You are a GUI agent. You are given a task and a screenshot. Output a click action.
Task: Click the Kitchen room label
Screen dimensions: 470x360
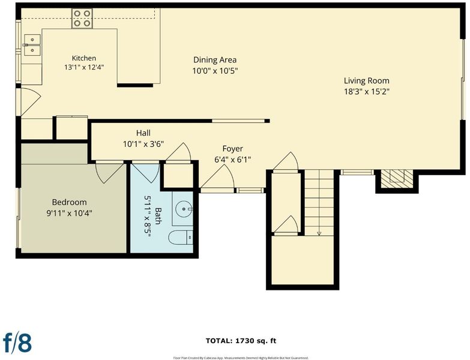84,58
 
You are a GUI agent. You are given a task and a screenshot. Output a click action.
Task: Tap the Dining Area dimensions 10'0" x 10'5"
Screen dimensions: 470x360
215,71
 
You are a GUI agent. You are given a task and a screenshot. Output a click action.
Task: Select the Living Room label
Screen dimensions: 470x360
367,80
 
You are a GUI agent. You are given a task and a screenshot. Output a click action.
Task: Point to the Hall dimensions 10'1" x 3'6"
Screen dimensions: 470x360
143,144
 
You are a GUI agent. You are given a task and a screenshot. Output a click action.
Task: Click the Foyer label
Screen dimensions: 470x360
233,149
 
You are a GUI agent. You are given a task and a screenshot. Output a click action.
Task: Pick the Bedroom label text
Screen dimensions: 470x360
69,202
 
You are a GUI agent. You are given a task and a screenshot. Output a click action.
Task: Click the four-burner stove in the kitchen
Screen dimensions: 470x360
82,18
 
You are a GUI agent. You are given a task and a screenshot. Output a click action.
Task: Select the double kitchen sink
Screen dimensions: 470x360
32,45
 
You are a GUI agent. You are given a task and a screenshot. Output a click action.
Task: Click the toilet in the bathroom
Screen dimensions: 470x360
181,238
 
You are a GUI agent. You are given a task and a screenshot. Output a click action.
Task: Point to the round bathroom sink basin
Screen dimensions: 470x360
184,209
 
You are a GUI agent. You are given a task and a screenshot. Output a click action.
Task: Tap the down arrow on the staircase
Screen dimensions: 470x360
319,232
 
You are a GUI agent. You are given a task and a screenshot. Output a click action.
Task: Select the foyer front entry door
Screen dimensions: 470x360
218,178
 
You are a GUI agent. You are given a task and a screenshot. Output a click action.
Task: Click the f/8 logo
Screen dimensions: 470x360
17,342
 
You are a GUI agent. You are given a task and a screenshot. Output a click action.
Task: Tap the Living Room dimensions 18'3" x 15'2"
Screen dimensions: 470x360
367,92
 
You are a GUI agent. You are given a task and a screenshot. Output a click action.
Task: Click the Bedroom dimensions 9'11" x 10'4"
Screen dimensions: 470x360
69,213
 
